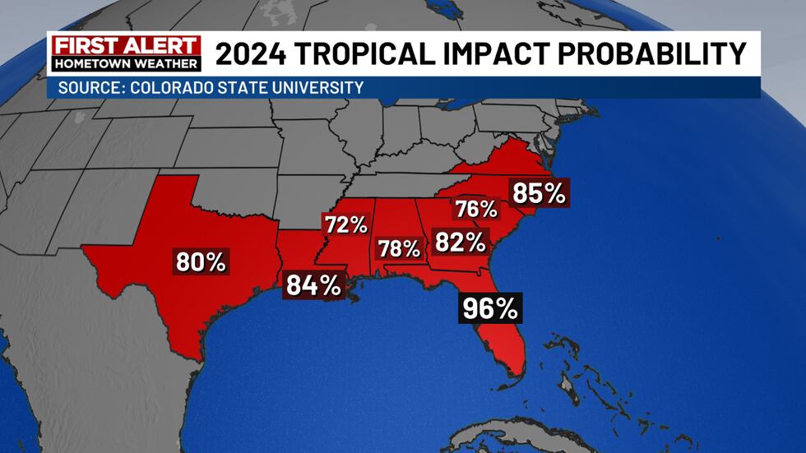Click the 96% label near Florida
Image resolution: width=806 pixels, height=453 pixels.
click(x=490, y=308)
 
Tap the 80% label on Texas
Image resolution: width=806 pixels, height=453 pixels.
click(x=201, y=262)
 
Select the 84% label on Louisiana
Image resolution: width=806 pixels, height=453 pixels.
click(x=313, y=285)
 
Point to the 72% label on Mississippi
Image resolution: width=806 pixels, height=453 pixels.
click(x=345, y=224)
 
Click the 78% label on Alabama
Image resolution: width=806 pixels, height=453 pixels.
click(x=399, y=248)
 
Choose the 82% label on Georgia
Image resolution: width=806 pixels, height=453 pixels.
click(x=460, y=242)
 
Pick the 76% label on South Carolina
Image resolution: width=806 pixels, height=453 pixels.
click(x=477, y=209)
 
